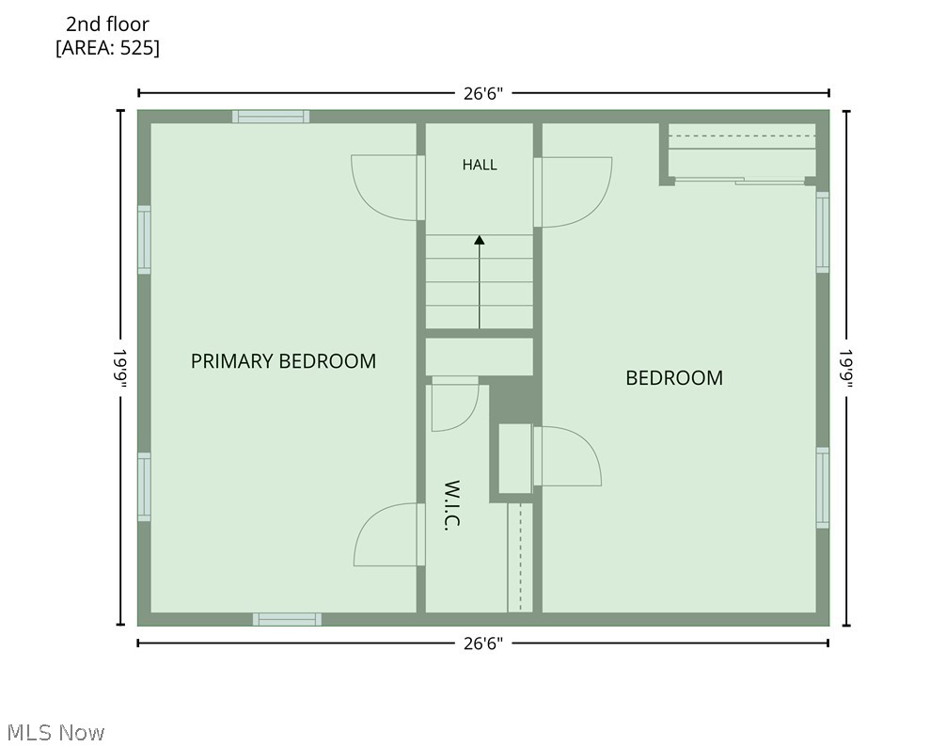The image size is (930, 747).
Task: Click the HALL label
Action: click(x=480, y=165)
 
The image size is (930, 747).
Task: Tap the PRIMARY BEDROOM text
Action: click(x=283, y=360)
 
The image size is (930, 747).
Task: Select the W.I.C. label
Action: click(x=452, y=505)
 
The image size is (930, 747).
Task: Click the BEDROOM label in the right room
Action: click(x=674, y=378)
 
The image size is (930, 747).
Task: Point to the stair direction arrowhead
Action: click(x=480, y=240)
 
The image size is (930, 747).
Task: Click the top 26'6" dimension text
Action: click(x=482, y=93)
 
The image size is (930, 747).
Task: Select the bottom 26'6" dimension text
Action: click(x=482, y=644)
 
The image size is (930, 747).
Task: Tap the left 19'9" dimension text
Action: click(x=120, y=369)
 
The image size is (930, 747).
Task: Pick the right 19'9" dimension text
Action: click(x=845, y=369)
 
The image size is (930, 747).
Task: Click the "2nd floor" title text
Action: click(x=107, y=24)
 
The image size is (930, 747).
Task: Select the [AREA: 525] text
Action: click(x=107, y=47)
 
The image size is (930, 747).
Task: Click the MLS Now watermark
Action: click(x=56, y=733)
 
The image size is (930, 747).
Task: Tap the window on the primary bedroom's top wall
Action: click(x=271, y=117)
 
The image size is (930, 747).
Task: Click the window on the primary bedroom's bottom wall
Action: click(x=287, y=619)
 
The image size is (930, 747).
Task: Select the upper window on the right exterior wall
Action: click(x=823, y=232)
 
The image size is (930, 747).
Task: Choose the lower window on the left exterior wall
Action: click(x=144, y=487)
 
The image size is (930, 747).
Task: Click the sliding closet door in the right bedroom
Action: click(x=740, y=181)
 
